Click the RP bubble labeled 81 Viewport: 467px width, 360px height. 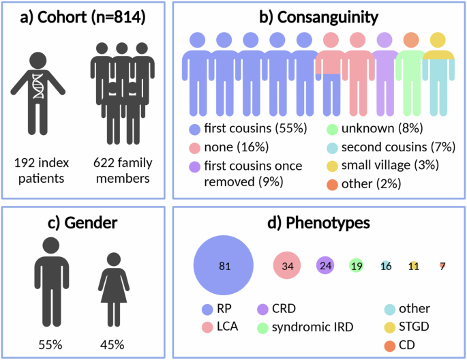[224, 265]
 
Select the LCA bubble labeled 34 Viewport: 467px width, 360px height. [287, 266]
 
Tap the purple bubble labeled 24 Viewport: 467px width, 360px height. [326, 266]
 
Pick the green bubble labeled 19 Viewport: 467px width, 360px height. [356, 266]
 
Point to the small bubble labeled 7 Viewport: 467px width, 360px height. [442, 266]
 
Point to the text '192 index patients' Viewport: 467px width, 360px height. [39, 172]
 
